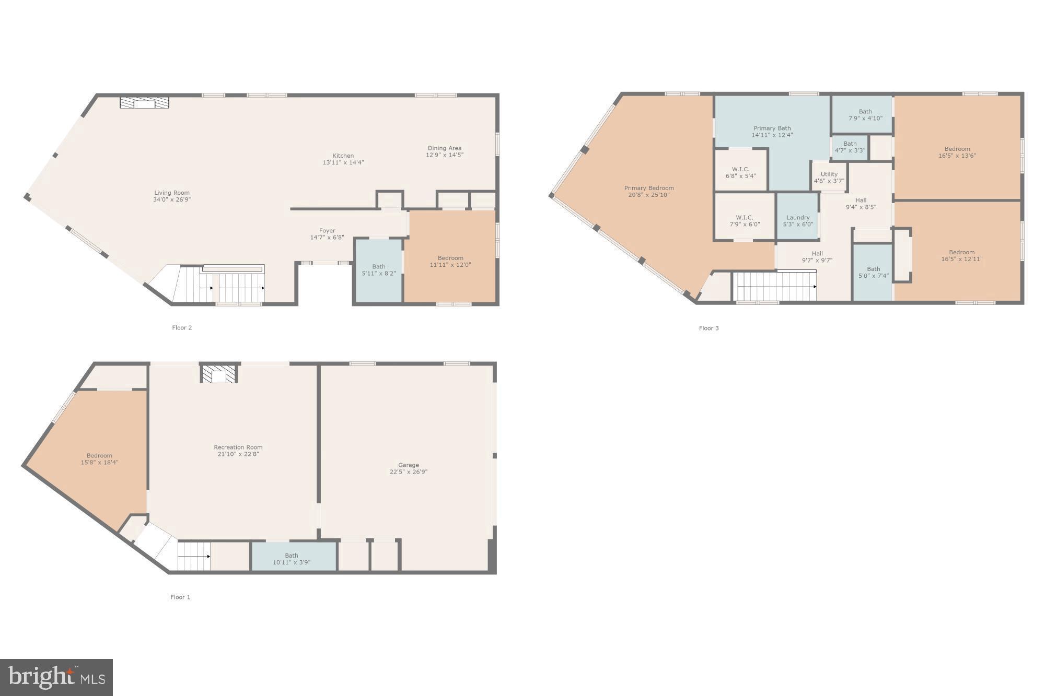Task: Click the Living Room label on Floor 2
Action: coord(171,193)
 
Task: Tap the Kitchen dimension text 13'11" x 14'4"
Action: coord(343,162)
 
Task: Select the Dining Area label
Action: coord(444,148)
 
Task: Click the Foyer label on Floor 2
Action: coord(327,230)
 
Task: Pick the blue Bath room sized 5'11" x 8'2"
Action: coord(379,270)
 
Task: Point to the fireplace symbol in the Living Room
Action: coord(144,103)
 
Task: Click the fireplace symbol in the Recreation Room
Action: coord(219,374)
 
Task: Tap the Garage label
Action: coord(408,465)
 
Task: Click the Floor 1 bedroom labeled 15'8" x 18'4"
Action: coord(99,458)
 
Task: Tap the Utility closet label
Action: coord(829,174)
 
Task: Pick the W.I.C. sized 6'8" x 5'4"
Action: coord(740,172)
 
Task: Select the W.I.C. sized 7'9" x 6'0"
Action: coord(745,221)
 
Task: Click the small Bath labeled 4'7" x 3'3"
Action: coord(850,147)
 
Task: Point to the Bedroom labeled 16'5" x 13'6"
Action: coord(957,152)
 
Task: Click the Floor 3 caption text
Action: coord(709,328)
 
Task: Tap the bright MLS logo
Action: coord(56,677)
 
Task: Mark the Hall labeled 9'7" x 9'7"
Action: coord(817,256)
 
